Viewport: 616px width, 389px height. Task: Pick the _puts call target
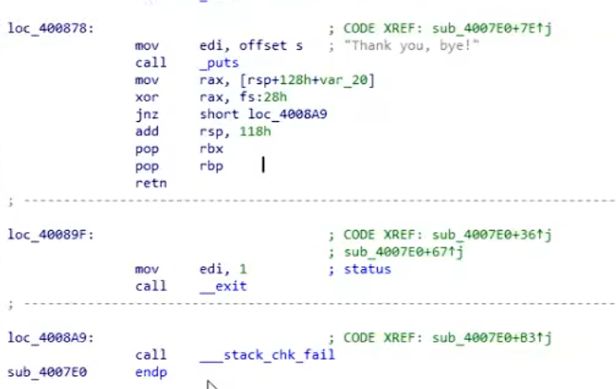(219, 63)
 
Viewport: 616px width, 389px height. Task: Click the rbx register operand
(211, 149)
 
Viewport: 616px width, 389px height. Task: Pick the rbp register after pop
(211, 166)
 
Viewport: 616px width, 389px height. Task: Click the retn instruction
(149, 184)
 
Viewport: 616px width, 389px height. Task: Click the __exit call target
(223, 286)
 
